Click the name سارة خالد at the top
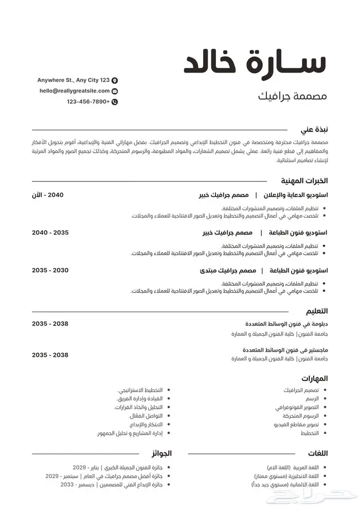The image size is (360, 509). (x=255, y=62)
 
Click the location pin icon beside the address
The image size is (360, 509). (x=115, y=80)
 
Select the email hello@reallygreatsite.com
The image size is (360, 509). (x=75, y=91)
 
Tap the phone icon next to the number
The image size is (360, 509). (x=115, y=102)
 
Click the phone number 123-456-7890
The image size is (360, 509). (x=88, y=102)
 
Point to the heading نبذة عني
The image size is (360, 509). (x=314, y=130)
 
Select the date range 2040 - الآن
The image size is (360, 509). (x=50, y=195)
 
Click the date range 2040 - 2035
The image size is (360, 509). (x=50, y=232)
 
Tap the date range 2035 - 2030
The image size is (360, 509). (x=50, y=270)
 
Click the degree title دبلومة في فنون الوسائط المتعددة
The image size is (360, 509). (x=287, y=324)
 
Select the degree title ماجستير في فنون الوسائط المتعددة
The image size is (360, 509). (x=286, y=350)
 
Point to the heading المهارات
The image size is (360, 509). (x=315, y=378)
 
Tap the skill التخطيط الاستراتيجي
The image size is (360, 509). (x=138, y=390)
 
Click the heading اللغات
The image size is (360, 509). (x=317, y=453)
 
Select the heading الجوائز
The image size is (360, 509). (x=161, y=453)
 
